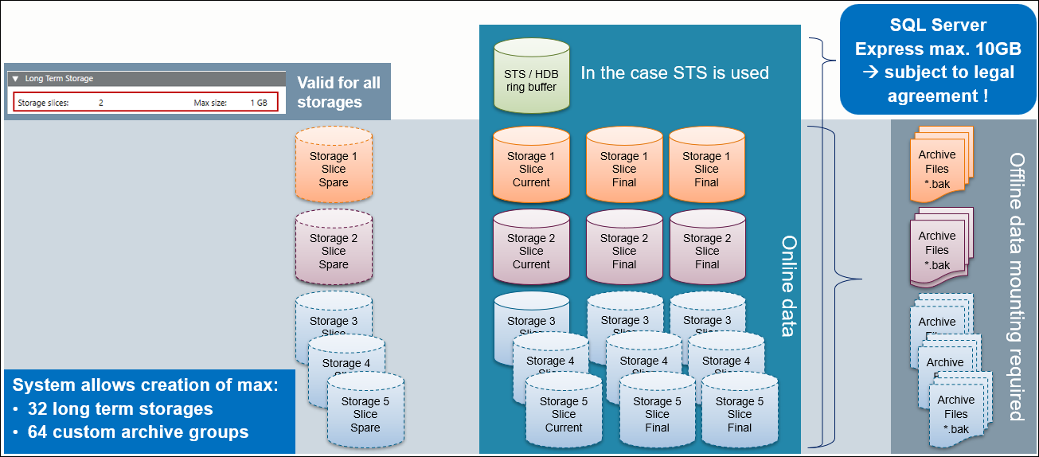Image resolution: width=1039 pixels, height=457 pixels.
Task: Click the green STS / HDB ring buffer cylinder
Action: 531,76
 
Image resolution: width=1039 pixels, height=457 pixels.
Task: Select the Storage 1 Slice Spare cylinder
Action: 334,166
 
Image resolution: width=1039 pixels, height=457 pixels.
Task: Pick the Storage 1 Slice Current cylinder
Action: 531,166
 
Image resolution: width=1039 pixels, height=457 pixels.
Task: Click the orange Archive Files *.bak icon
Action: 939,162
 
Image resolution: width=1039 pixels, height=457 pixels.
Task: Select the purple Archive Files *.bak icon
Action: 939,246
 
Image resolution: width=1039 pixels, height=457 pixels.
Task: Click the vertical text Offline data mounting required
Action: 1016,287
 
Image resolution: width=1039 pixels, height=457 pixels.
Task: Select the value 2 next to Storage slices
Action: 101,103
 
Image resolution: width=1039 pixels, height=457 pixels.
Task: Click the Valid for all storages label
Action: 338,92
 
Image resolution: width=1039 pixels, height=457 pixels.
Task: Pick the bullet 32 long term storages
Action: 120,409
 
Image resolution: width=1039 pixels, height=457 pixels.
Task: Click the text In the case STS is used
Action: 674,73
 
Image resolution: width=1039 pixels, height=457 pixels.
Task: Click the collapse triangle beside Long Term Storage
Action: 15,79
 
